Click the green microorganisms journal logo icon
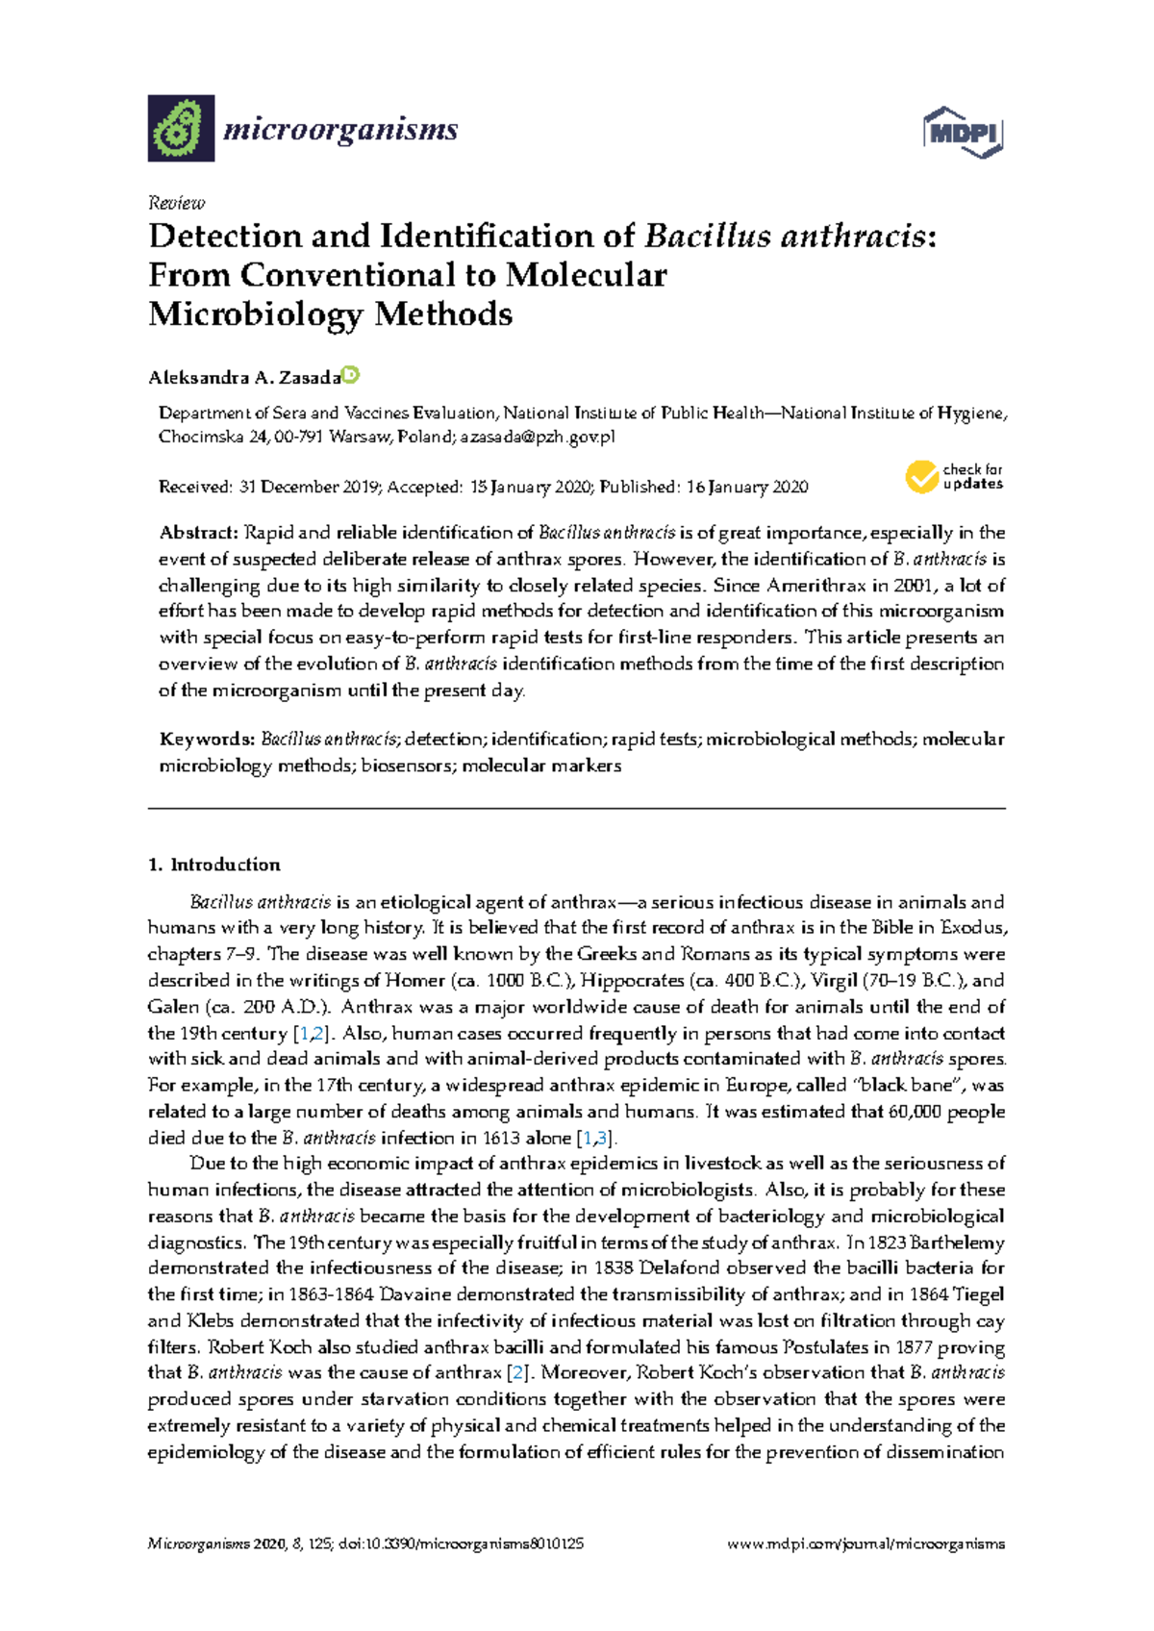(x=181, y=128)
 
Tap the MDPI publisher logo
(x=963, y=133)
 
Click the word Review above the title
(x=176, y=203)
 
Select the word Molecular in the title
(x=586, y=276)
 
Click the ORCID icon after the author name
(x=351, y=375)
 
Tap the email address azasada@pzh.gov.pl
(x=537, y=437)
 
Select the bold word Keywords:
(x=207, y=740)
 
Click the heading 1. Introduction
(x=214, y=865)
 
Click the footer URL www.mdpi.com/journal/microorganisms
(x=865, y=1544)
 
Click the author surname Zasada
(x=310, y=378)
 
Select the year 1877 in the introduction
(x=914, y=1347)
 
